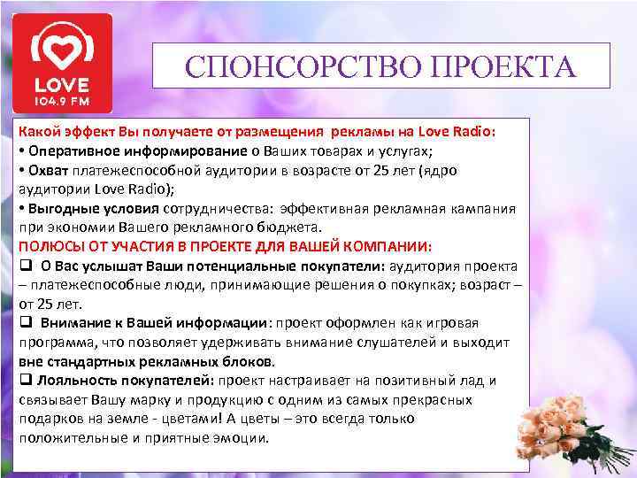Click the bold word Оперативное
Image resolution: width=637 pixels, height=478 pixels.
tap(72, 150)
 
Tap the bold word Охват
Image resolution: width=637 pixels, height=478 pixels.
tap(46, 169)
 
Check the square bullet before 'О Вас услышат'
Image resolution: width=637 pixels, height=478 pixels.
tap(25, 266)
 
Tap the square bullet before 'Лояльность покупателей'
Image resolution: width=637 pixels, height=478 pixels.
tap(25, 382)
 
